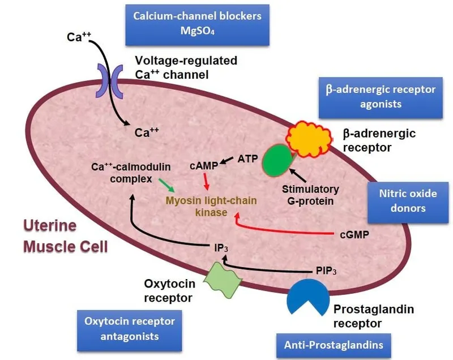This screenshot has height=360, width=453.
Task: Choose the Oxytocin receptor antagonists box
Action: pyautogui.click(x=130, y=328)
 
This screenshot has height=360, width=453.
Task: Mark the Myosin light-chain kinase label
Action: pyautogui.click(x=211, y=207)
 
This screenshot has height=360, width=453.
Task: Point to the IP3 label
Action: pyautogui.click(x=221, y=247)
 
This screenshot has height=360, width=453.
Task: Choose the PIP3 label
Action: pyautogui.click(x=328, y=271)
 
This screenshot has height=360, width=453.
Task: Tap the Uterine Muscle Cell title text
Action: pyautogui.click(x=65, y=237)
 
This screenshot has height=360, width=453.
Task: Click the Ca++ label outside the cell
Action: pyautogui.click(x=79, y=37)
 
